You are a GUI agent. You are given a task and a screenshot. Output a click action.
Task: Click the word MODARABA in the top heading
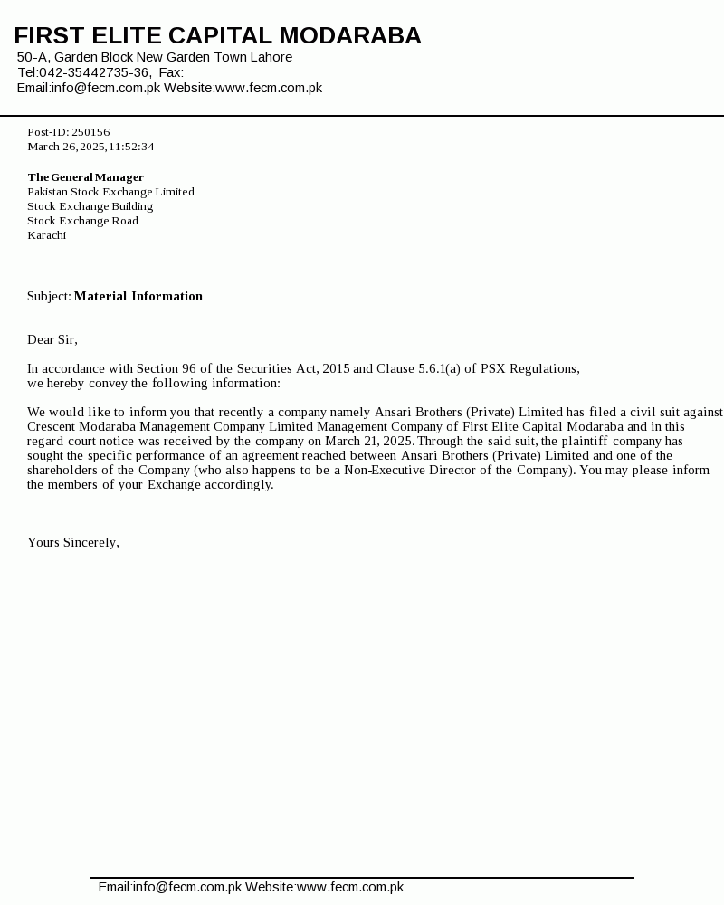pyautogui.click(x=349, y=36)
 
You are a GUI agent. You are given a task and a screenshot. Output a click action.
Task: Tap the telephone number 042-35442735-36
pyautogui.click(x=95, y=72)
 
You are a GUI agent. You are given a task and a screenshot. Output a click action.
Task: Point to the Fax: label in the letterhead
pyautogui.click(x=171, y=72)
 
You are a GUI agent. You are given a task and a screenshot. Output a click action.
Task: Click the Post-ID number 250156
pyautogui.click(x=90, y=132)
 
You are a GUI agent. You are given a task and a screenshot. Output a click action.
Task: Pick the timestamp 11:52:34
pyautogui.click(x=132, y=147)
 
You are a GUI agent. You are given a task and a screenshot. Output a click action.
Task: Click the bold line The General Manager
pyautogui.click(x=85, y=177)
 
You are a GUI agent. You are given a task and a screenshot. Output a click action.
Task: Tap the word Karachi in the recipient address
pyautogui.click(x=46, y=235)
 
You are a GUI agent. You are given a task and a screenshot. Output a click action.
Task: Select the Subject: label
pyautogui.click(x=49, y=296)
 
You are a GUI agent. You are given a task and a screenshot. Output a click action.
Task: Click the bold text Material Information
pyautogui.click(x=138, y=296)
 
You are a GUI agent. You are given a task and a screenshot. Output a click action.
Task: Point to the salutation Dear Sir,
pyautogui.click(x=52, y=339)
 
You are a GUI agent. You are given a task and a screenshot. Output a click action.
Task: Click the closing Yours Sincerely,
pyautogui.click(x=73, y=542)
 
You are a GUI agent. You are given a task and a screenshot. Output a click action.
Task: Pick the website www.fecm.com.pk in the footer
pyautogui.click(x=350, y=887)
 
